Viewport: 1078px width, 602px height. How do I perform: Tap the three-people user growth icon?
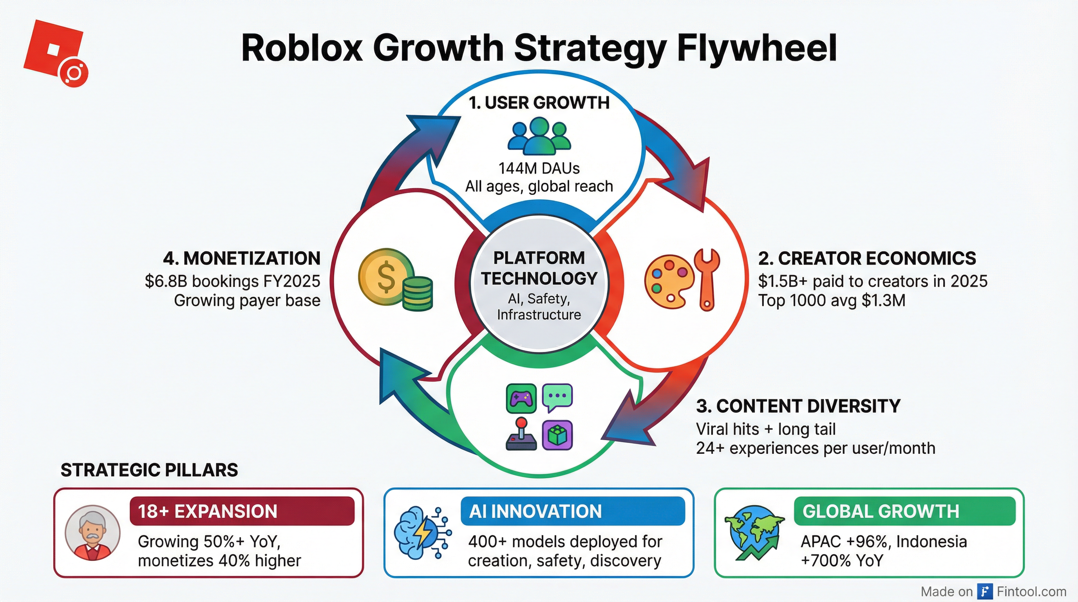coord(539,135)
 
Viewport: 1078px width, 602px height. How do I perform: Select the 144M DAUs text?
coord(539,168)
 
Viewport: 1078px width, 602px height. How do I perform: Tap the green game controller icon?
coord(521,398)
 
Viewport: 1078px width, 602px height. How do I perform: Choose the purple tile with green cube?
coord(557,435)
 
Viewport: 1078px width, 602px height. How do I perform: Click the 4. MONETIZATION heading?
coord(242,258)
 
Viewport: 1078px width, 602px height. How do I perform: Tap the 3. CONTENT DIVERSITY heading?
coord(798,406)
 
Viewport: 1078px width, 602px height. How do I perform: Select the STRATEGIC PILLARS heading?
coord(149,470)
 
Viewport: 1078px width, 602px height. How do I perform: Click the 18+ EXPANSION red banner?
coord(242,511)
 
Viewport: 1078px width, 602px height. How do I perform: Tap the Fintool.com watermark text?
coord(1031,591)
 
